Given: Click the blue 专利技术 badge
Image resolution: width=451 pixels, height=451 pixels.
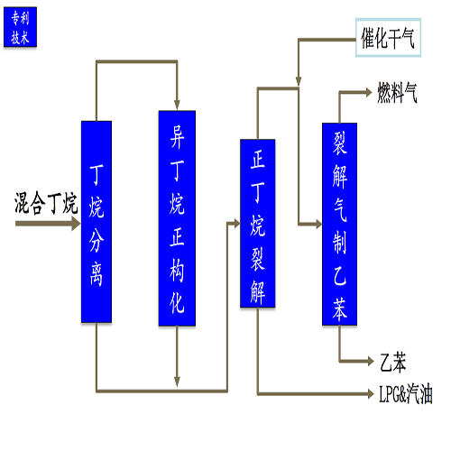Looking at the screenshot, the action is [20, 27].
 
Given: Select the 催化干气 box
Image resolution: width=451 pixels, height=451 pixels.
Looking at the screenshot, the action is [388, 38].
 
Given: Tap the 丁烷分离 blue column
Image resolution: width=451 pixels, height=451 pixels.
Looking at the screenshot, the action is [97, 222].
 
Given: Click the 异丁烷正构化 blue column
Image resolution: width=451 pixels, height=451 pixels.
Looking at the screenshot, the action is [177, 218].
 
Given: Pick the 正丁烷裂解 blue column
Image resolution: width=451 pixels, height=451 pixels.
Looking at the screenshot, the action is [258, 224].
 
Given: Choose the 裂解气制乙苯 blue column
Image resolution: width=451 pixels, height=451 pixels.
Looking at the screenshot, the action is [339, 224].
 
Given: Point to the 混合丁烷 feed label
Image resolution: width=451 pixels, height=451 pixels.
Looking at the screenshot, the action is [46, 203].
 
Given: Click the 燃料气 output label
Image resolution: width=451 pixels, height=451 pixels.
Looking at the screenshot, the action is [397, 93].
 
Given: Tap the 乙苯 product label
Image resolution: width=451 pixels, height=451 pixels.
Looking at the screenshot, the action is [393, 362].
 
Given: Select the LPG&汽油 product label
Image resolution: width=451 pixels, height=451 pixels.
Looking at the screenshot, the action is [406, 394].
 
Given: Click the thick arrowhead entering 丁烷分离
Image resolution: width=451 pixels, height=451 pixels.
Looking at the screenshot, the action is [76, 224].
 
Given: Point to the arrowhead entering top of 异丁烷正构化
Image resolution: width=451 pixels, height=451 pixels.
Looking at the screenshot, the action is [177, 105].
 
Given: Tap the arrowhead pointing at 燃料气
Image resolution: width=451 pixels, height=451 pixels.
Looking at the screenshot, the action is [369, 92].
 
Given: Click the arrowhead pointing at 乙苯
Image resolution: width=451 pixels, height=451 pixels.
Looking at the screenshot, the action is [371, 361].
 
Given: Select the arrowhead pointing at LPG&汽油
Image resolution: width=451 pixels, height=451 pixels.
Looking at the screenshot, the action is [371, 393].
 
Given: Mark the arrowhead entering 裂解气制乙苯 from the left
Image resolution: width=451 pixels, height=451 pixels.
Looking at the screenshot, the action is [318, 224].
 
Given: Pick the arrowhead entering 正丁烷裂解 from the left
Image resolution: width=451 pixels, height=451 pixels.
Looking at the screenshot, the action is [237, 223].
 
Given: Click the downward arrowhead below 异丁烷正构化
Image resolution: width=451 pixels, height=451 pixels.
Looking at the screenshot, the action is [177, 382].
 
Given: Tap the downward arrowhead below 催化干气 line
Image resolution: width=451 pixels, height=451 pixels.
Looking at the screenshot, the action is [299, 81].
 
